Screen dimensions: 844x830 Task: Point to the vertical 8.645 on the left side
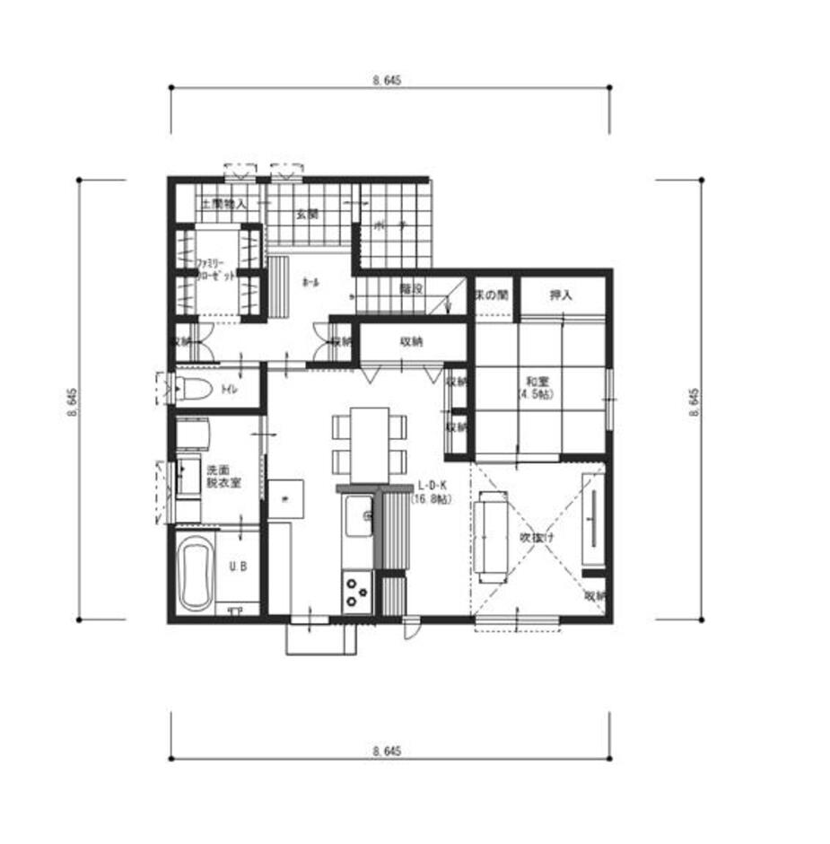71,400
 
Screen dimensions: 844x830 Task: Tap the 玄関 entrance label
307,214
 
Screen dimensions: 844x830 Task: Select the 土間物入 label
223,205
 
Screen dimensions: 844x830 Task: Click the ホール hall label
310,282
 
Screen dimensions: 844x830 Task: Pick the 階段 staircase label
411,288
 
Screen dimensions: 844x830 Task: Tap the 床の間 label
493,294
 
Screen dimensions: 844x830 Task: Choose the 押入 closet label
562,294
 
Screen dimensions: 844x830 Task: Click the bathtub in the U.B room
195,571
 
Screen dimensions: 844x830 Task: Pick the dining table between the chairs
369,444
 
